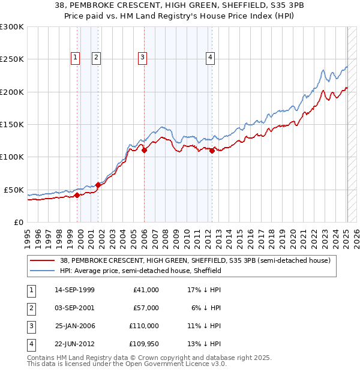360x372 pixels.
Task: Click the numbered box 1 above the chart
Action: tap(75, 58)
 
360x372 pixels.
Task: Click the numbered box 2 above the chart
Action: tap(96, 58)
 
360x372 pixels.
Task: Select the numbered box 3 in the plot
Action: tap(143, 58)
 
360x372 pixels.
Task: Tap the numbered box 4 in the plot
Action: tap(211, 58)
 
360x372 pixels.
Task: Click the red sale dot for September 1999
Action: tap(77, 195)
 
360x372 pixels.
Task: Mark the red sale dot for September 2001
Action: tap(98, 185)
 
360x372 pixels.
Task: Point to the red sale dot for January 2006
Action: tap(145, 151)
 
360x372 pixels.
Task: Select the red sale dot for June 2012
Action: tap(212, 151)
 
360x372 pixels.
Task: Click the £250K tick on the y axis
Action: tap(12, 59)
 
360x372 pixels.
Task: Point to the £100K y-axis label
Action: tap(12, 157)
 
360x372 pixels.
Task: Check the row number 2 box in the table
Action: tap(31, 307)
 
